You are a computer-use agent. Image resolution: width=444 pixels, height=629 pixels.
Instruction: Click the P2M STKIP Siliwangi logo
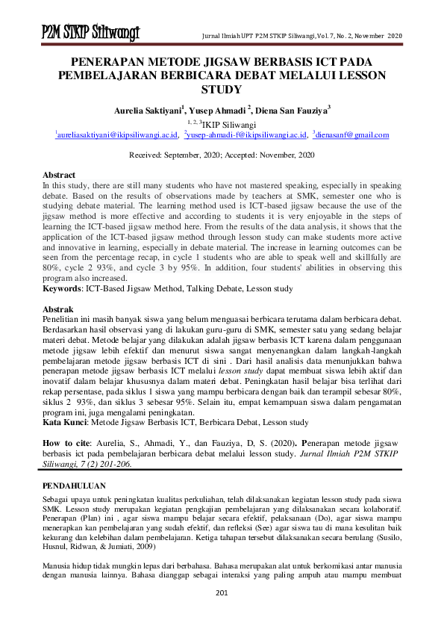point(91,33)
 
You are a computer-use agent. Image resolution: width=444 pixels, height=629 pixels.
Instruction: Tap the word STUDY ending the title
point(222,90)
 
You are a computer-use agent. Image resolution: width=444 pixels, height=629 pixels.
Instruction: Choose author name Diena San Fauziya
point(293,109)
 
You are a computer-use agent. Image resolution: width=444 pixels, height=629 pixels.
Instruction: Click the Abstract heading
point(59,174)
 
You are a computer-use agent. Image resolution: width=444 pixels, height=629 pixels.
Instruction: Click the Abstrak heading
point(57,309)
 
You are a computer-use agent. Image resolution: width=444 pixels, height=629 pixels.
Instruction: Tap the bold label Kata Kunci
point(68,422)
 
